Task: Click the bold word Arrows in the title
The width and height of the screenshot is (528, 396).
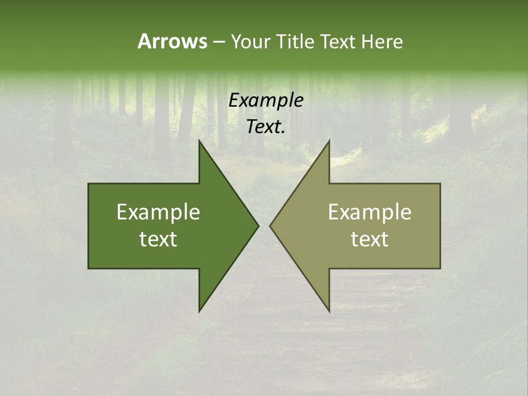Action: [x=172, y=41]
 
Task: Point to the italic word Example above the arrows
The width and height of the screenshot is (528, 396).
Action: [x=266, y=101]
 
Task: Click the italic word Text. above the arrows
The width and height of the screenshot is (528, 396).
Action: [x=266, y=127]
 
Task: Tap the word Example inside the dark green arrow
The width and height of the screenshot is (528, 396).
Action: [x=158, y=212]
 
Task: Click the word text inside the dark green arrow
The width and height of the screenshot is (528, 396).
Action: [x=158, y=239]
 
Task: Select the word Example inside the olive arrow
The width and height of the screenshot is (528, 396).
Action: [x=370, y=212]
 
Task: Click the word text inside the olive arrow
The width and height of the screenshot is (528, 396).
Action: [x=370, y=239]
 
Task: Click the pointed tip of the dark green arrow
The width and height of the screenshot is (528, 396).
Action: [x=258, y=226]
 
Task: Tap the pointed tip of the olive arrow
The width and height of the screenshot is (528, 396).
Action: [x=269, y=226]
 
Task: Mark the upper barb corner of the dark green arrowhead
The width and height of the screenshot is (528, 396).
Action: [x=199, y=140]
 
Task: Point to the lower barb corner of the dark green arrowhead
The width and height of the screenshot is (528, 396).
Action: [x=199, y=311]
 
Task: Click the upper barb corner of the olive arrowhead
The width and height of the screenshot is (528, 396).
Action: [x=329, y=140]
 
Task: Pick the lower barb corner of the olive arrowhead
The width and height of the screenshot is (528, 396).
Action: [x=329, y=311]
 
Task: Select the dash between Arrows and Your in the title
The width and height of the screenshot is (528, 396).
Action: [x=218, y=42]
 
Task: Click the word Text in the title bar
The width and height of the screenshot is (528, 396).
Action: [x=339, y=42]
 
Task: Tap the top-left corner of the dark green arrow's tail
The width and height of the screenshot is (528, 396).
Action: [x=89, y=184]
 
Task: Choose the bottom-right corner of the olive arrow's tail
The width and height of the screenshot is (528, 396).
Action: [x=440, y=268]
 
